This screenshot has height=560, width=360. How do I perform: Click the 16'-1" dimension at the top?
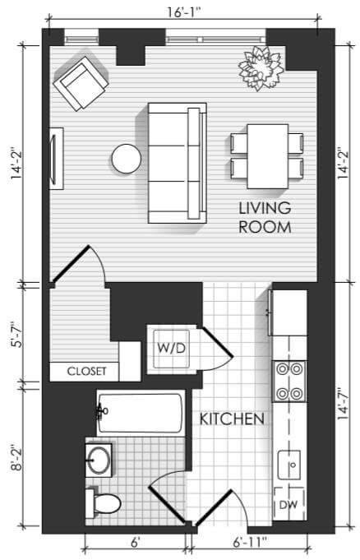(x=184, y=12)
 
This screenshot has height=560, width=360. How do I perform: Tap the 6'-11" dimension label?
(x=250, y=543)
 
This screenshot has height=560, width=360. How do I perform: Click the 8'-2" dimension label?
(x=17, y=457)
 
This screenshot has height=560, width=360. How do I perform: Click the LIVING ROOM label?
(x=265, y=217)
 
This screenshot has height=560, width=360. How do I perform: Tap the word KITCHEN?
(x=232, y=419)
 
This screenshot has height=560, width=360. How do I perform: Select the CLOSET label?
(x=87, y=372)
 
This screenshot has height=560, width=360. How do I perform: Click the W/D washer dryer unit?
(x=172, y=349)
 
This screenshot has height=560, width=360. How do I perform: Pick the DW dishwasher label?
(x=288, y=505)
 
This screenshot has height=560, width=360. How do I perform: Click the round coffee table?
(x=127, y=159)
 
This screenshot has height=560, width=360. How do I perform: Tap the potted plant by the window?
(x=261, y=68)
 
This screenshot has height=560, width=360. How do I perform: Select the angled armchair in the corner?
(x=81, y=84)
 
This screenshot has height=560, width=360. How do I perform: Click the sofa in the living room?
(x=178, y=163)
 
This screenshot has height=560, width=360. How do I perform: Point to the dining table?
(x=267, y=156)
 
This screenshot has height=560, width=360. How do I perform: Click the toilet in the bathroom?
(x=103, y=503)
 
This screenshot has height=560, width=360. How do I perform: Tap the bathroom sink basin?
(x=99, y=460)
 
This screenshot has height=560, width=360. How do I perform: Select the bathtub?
(x=141, y=413)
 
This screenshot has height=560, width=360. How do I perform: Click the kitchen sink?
(x=289, y=465)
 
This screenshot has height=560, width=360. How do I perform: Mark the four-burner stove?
(x=289, y=382)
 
